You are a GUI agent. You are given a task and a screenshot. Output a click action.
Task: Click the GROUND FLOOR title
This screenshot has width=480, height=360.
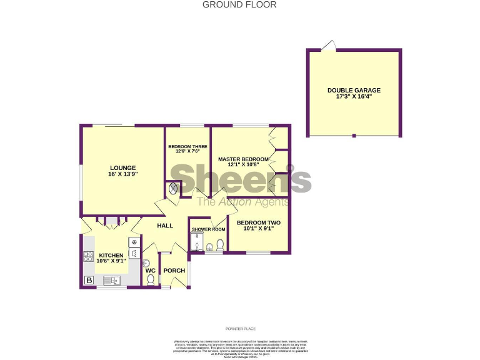tap(239, 5)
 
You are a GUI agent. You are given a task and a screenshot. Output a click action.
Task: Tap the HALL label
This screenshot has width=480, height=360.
tap(165, 226)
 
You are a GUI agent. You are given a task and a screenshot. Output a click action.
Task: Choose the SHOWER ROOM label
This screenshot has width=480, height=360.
tap(208, 229)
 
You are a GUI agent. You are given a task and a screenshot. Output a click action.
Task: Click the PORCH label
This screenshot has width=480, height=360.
tap(174, 271)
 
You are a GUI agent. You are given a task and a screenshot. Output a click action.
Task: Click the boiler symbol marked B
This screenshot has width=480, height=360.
tap(89, 281)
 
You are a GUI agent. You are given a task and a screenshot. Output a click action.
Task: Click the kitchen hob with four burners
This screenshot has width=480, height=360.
tap(87, 256)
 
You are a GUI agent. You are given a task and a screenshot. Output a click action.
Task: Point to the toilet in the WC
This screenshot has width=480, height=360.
tap(151, 279)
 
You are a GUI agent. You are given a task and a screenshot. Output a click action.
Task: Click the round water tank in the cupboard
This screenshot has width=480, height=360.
tap(173, 187)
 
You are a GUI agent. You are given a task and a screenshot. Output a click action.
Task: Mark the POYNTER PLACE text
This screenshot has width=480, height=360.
tap(240, 329)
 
